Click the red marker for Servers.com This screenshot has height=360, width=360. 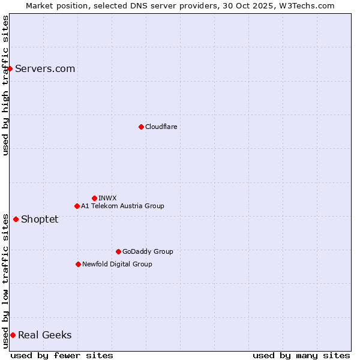[x=10, y=68]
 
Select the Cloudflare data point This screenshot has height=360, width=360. [x=141, y=127]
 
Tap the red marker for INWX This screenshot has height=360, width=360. [x=94, y=198]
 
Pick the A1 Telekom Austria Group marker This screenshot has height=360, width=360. [x=77, y=206]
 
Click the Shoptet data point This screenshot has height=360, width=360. [x=16, y=219]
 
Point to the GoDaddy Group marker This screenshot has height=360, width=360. [x=118, y=251]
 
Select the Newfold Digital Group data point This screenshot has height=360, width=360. [x=78, y=264]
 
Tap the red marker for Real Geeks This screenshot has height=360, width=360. [x=13, y=335]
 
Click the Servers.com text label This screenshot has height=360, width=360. [x=45, y=68]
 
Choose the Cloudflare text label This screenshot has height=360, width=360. [x=161, y=127]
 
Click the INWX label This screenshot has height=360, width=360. [x=107, y=198]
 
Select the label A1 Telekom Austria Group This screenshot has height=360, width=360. [x=122, y=206]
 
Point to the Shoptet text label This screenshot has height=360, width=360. [x=40, y=219]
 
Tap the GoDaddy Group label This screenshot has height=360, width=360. [x=148, y=251]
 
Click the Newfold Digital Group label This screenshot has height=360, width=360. [x=117, y=264]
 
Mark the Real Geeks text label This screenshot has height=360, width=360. [x=44, y=335]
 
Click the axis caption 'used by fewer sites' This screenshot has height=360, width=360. [x=62, y=355]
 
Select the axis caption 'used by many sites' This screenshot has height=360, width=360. [x=301, y=355]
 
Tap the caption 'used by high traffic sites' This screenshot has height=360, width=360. [x=5, y=85]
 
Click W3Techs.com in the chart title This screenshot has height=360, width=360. [x=305, y=5]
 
